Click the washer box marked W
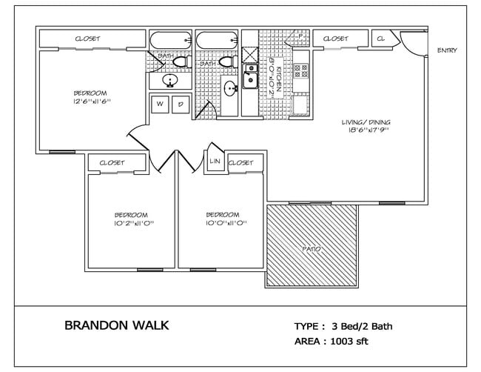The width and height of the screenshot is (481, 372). tap(159, 105)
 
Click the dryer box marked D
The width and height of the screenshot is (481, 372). tap(180, 105)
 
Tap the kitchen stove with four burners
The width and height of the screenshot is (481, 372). tap(301, 70)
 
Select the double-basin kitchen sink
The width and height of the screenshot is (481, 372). tap(251, 75)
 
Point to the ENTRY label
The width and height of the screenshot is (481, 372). tap(447, 51)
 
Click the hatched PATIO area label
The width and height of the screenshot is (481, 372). tap(312, 249)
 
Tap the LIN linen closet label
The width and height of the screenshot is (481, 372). tap(215, 161)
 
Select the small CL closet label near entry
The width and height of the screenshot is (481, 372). tap(382, 38)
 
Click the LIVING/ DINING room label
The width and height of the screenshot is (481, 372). tap(366, 122)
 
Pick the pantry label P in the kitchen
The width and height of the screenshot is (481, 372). tap(300, 35)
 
